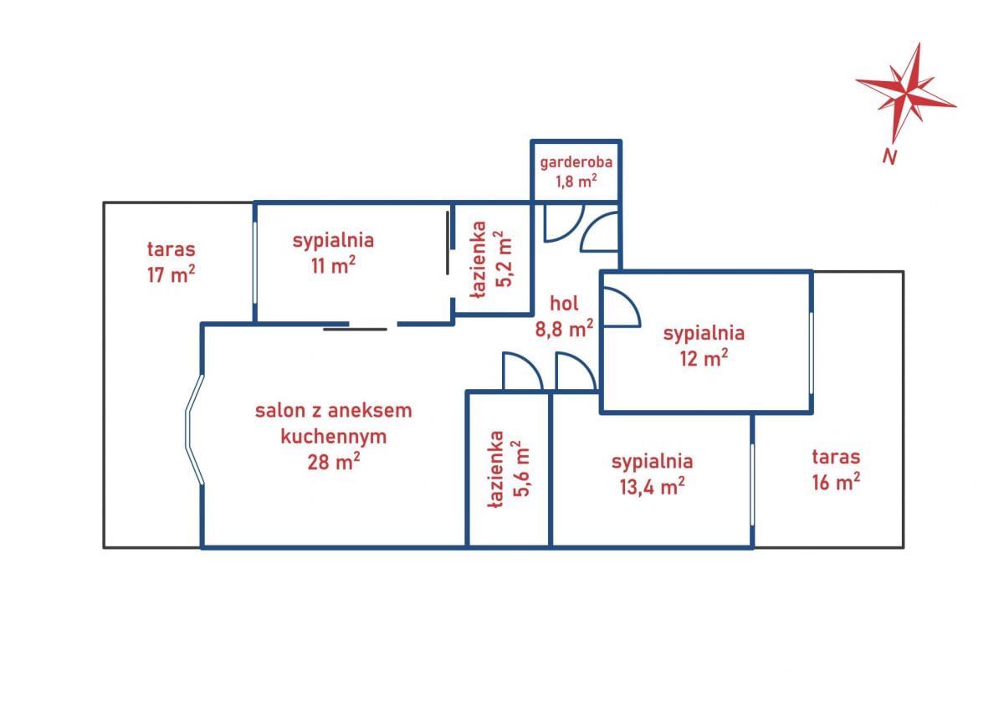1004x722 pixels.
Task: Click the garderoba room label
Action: [x=576, y=161]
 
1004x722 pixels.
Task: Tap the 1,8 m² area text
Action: [x=576, y=181]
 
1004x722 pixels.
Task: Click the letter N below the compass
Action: [x=889, y=156]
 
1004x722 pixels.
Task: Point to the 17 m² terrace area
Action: [x=172, y=274]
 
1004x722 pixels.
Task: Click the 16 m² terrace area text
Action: [x=836, y=481]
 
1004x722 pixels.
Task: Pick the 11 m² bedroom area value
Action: [x=334, y=265]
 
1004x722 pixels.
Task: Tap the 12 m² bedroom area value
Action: [x=704, y=357]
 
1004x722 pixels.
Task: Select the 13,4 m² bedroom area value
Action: [x=653, y=486]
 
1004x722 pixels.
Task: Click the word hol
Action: [x=564, y=304]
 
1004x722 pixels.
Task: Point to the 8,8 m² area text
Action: [x=564, y=329]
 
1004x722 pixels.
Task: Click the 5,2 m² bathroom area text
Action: [x=504, y=259]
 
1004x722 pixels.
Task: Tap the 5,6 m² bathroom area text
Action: [x=522, y=468]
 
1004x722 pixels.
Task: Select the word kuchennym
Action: [x=334, y=436]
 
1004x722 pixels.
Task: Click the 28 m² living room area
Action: [x=334, y=461]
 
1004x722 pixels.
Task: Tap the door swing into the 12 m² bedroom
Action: [x=622, y=307]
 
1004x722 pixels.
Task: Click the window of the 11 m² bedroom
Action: [x=255, y=263]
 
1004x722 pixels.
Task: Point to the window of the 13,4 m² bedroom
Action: [x=752, y=484]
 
